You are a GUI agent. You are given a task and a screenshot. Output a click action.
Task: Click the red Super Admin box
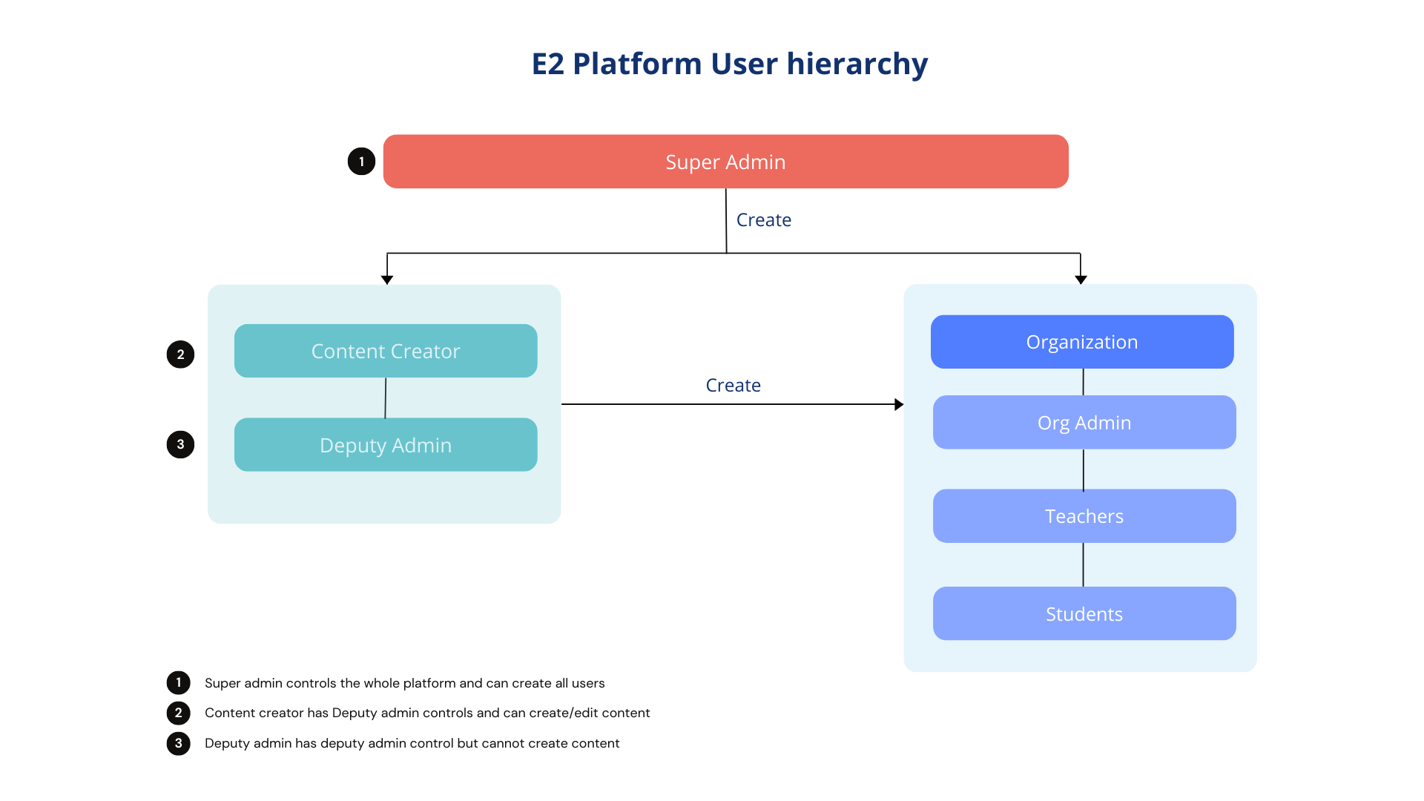[725, 162]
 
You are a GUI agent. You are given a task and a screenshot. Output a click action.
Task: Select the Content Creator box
[386, 351]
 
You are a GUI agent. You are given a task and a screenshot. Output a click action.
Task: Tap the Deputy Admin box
[386, 445]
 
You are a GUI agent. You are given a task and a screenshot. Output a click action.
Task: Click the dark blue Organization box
[1082, 342]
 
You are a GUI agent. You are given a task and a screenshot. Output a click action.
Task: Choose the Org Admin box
[1084, 423]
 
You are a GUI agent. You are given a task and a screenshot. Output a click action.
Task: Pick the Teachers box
[1084, 516]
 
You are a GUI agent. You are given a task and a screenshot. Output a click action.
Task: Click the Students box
[1084, 614]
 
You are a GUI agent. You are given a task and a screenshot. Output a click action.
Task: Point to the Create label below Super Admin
[763, 220]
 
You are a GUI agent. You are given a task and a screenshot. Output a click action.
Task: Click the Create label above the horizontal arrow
[733, 386]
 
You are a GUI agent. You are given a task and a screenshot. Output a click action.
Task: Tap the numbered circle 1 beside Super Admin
[361, 162]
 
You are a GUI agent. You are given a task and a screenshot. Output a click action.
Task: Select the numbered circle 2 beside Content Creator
[180, 355]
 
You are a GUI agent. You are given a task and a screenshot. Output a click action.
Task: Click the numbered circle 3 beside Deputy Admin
[180, 445]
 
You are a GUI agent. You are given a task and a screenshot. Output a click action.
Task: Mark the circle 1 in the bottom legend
[178, 682]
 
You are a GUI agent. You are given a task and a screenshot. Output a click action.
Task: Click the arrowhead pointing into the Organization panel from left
[899, 404]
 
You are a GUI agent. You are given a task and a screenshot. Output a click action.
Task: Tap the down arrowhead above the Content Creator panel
[387, 280]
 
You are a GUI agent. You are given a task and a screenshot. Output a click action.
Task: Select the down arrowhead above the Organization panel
[1081, 280]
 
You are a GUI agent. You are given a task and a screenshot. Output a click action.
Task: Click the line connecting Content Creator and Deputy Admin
[385, 398]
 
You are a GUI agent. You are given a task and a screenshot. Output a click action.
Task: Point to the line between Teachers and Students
[1083, 564]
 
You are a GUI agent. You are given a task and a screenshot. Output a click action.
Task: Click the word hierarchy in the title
[857, 65]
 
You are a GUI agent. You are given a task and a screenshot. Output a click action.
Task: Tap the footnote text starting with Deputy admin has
[412, 743]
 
